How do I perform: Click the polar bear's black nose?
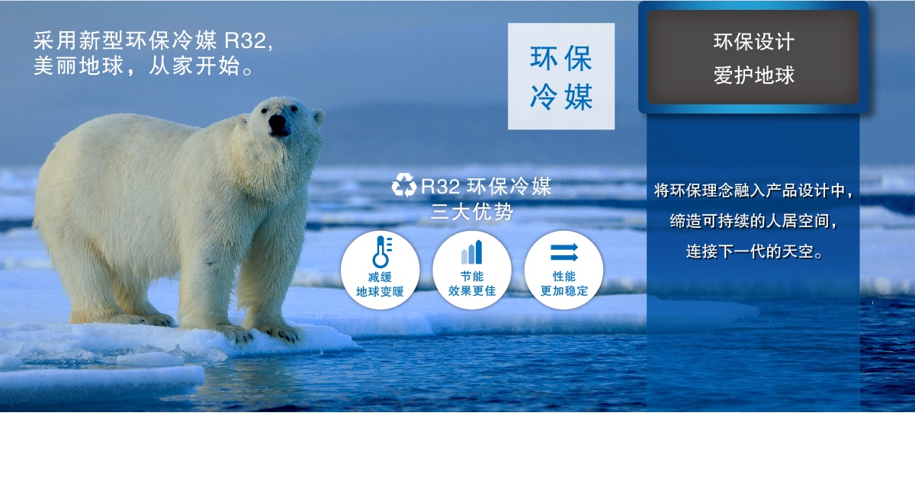click(x=278, y=123)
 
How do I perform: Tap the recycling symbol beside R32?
click(x=403, y=185)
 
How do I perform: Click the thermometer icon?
click(x=382, y=251)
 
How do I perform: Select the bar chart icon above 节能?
click(x=472, y=252)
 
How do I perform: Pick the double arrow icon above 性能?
click(x=564, y=252)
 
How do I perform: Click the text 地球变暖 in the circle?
click(x=380, y=292)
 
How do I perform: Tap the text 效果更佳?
click(x=472, y=290)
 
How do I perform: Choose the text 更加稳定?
click(x=564, y=290)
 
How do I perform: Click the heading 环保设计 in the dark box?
click(x=753, y=42)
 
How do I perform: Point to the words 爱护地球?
click(x=753, y=75)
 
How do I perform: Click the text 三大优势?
click(x=472, y=212)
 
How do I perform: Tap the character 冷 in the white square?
click(x=543, y=97)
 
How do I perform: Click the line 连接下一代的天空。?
click(x=754, y=251)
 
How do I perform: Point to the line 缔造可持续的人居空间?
click(x=753, y=221)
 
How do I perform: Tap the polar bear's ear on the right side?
click(x=319, y=117)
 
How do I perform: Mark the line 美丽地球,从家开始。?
click(x=144, y=66)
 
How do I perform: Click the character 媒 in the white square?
click(x=579, y=97)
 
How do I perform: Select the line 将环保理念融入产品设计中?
click(x=753, y=190)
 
